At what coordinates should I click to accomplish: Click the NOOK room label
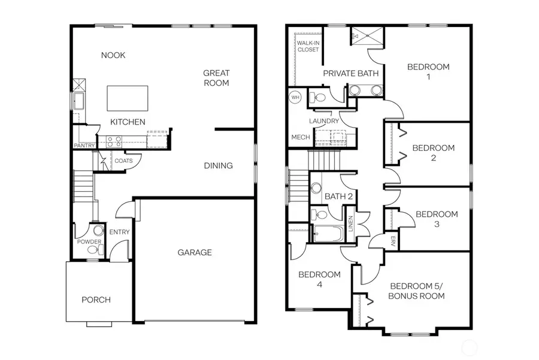point(113,55)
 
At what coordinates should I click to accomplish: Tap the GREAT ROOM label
point(216,78)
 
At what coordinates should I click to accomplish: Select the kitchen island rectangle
point(127,98)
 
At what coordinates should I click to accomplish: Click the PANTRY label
point(84,146)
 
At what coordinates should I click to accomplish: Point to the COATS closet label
point(123,161)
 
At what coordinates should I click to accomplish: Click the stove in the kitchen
point(114,141)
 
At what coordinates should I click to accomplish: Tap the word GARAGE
point(194,252)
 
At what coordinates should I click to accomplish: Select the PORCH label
point(96,300)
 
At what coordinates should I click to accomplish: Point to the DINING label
point(218,165)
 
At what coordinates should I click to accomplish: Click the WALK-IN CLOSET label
point(308,46)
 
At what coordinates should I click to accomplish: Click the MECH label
point(300,137)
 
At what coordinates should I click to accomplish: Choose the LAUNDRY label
point(324,121)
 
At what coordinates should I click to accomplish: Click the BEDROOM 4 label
point(319,279)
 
